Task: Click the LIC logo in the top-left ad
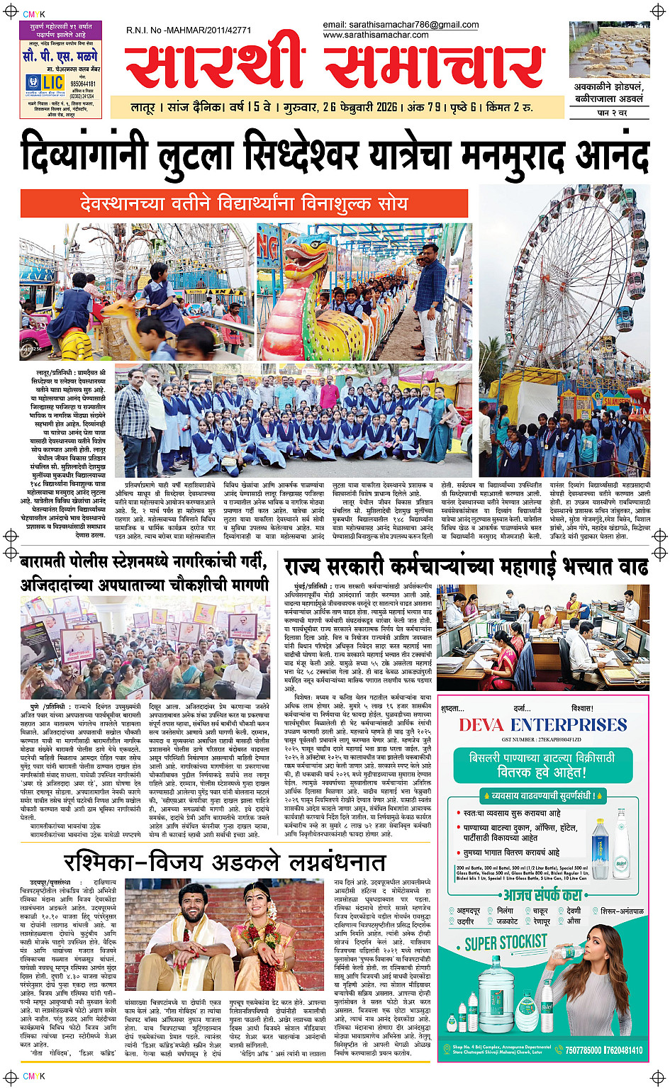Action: (45, 84)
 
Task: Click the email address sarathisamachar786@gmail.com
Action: (401, 25)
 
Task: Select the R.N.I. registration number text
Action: (188, 30)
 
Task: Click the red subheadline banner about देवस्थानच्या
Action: (244, 204)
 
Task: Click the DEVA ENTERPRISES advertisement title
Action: (542, 725)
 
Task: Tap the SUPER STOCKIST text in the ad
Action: (506, 943)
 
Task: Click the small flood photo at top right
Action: (608, 50)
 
